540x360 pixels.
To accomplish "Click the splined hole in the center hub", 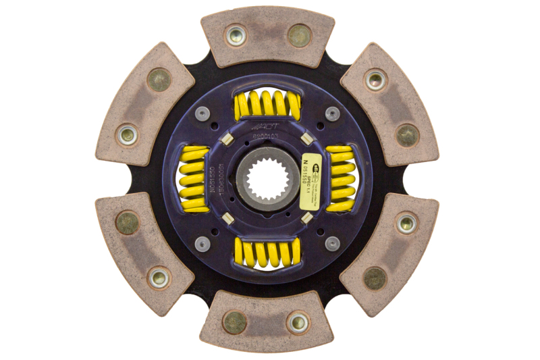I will coord(265,178).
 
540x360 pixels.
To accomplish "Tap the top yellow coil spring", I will coord(267,105).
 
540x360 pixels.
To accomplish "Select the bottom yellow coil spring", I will coord(267,253).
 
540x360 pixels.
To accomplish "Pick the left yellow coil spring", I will coord(195,179).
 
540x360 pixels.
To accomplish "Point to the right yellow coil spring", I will coord(340,179).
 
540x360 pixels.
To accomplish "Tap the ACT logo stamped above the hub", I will coord(265,128).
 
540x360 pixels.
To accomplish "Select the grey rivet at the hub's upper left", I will coord(201,114).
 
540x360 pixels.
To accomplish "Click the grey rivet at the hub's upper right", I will coord(332,114).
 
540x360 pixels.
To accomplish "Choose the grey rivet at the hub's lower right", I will coord(332,243).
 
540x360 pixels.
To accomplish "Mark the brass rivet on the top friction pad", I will coord(299,36).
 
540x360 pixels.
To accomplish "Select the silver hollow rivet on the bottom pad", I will coord(298,322).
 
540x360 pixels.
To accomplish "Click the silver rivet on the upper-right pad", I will coord(376,80).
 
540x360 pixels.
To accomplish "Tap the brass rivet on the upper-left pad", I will coord(159,80).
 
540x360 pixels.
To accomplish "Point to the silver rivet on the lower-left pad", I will coord(159,277).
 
